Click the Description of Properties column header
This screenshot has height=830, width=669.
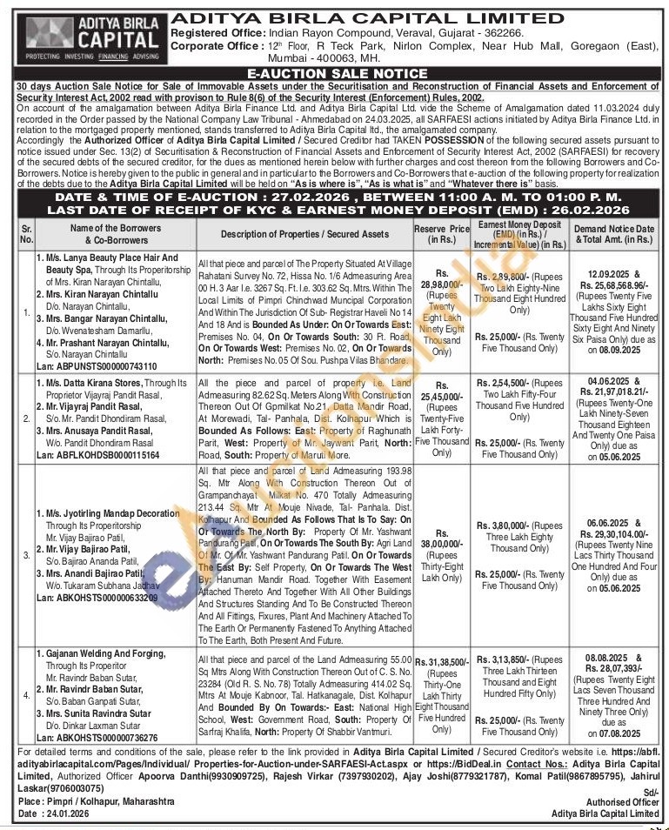304,234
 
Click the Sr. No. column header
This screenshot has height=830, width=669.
26,234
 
